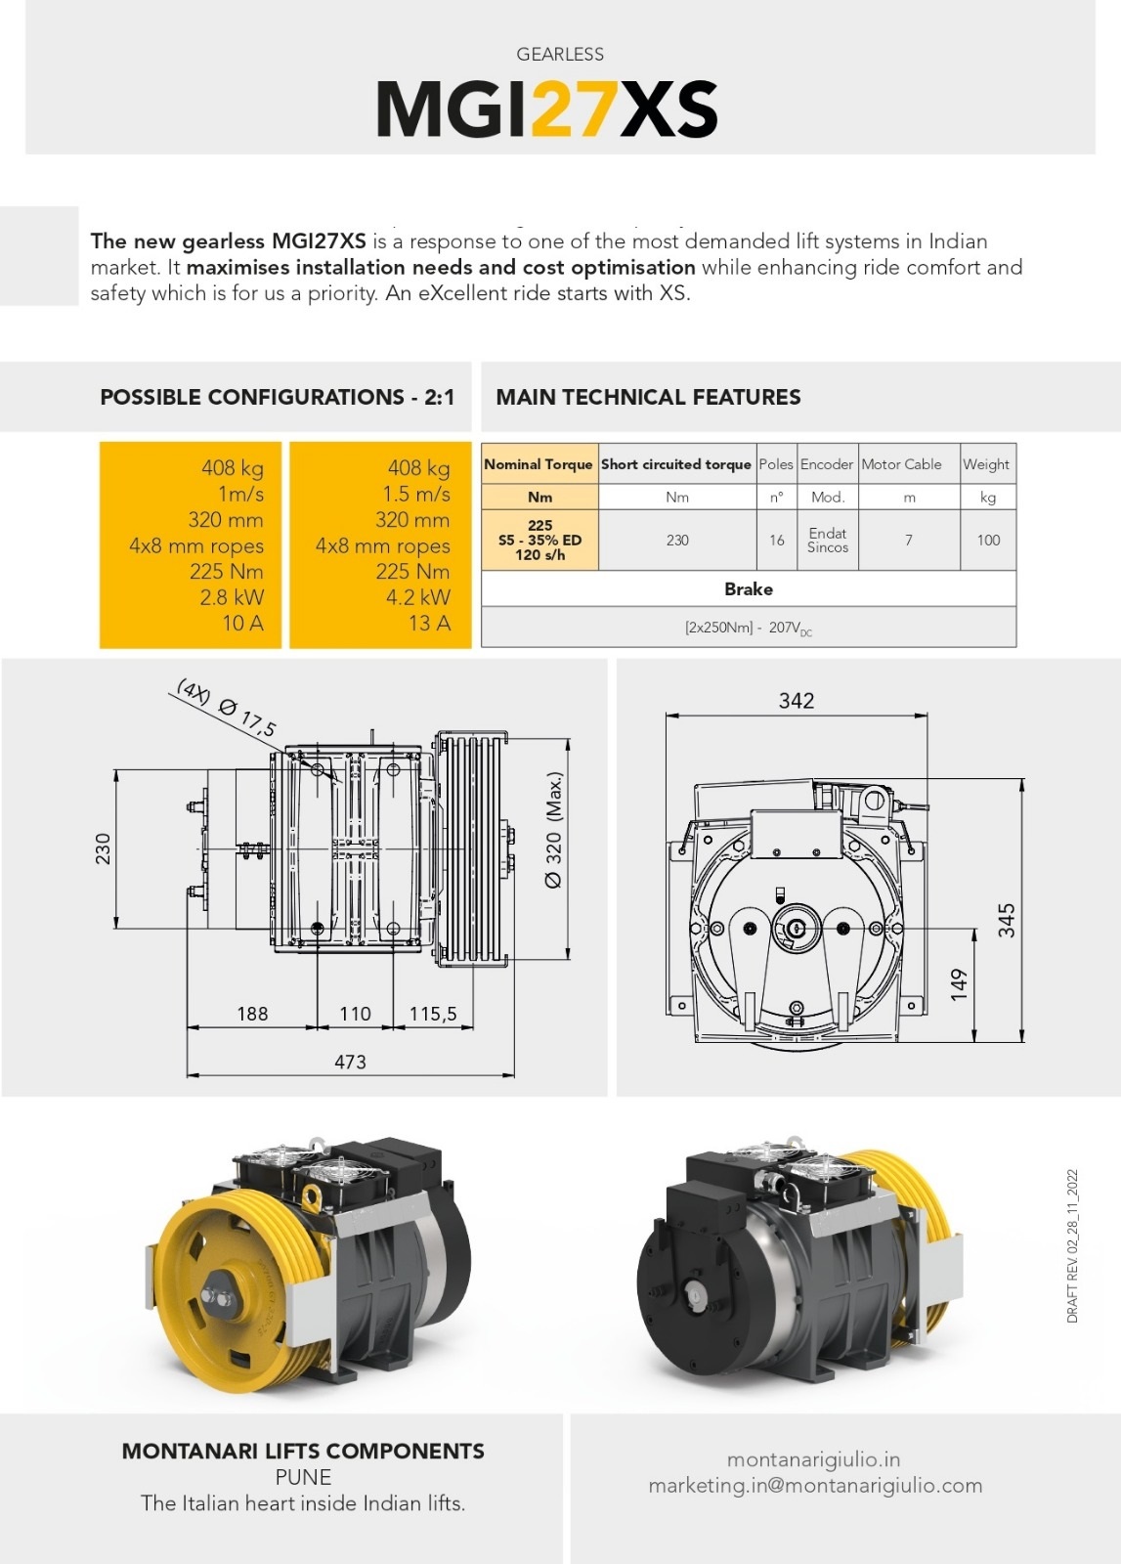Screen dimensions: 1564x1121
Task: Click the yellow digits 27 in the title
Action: coord(574,109)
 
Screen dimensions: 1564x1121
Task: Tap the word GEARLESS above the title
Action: coord(560,55)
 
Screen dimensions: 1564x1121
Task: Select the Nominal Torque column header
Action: coord(539,464)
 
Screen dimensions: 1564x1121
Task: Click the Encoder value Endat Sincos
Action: coord(827,540)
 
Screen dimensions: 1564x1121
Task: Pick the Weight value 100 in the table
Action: coord(988,540)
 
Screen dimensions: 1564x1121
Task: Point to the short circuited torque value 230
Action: coord(677,540)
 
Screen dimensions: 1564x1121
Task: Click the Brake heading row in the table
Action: coord(749,588)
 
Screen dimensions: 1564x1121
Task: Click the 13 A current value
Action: coord(429,623)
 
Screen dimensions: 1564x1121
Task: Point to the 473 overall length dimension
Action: coord(350,1062)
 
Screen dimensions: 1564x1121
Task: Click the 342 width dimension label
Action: coord(797,701)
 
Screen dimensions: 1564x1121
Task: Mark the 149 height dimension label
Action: coord(959,983)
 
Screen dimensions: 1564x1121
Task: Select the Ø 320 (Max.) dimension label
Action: coord(554,831)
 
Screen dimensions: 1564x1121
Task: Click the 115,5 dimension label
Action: coord(433,1014)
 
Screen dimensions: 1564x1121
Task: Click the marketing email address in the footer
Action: coord(815,1486)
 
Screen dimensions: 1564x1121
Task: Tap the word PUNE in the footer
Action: coord(303,1477)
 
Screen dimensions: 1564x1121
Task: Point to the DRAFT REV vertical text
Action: coord(1072,1246)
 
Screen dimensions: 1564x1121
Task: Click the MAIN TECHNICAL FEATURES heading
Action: coord(648,397)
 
